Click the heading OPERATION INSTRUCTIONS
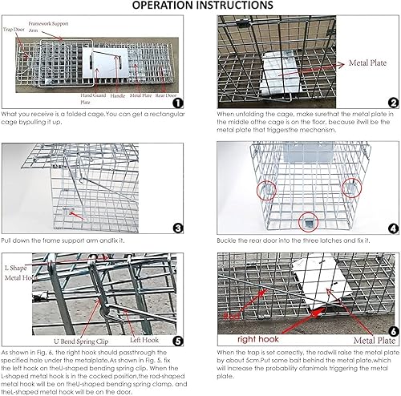[x=200, y=6]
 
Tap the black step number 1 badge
[x=177, y=103]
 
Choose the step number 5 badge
[x=177, y=340]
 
